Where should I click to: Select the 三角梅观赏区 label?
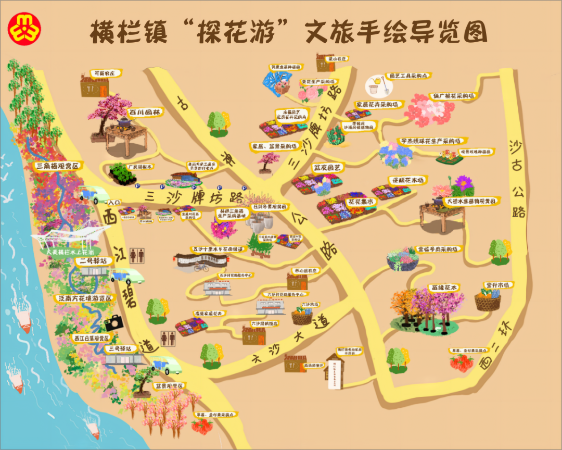coord(59,166)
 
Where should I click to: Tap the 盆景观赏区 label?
coord(170,386)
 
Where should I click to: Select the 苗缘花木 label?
coord(444,287)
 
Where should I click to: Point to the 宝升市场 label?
coord(499,285)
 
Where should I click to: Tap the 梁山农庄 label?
coord(337,59)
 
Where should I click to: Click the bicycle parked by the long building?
coord(201,268)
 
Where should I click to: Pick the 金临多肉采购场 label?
coord(440,249)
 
